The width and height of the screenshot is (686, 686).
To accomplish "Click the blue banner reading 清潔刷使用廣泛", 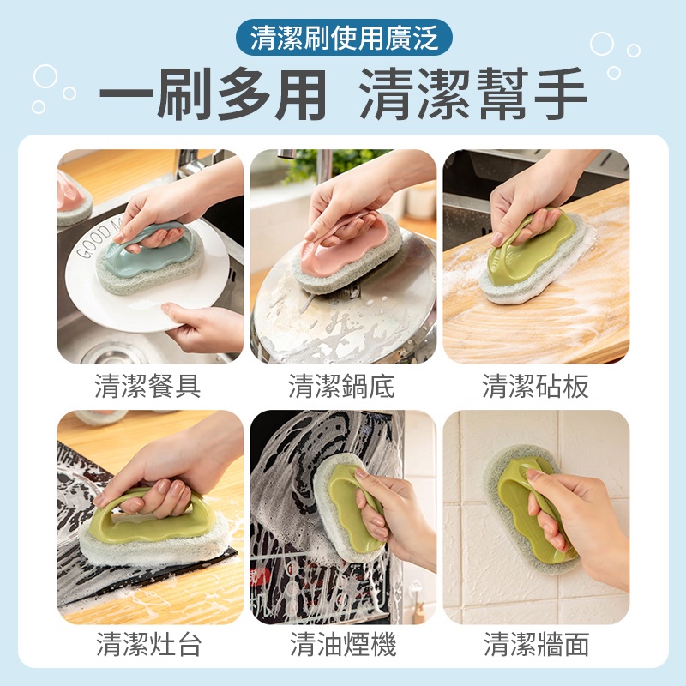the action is point(344,37).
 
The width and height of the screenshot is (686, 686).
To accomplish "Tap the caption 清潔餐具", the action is point(147,387).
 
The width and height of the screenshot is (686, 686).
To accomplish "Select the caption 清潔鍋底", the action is point(341,387).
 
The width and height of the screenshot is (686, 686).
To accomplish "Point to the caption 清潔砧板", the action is point(535,387).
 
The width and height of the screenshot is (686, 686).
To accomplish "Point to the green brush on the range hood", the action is point(349,508).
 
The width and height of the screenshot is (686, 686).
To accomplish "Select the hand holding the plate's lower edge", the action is point(202,326).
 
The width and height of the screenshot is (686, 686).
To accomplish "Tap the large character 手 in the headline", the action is point(561,94).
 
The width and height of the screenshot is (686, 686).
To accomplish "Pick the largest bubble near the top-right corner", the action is point(602,44).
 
